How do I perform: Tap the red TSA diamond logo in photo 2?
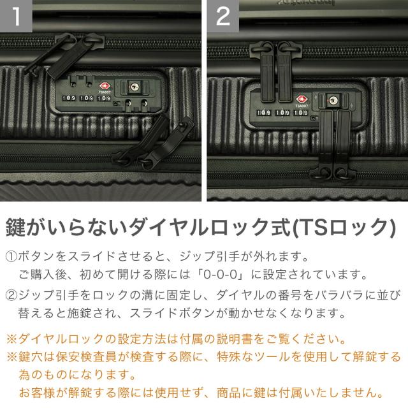302,99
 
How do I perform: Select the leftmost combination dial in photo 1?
69,99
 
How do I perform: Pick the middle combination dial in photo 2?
282,112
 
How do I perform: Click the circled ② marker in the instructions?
11,296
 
